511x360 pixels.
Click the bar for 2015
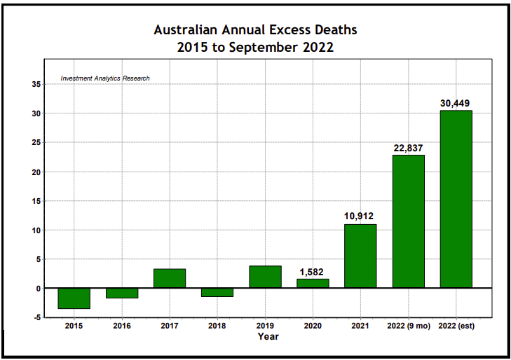pyautogui.click(x=74, y=298)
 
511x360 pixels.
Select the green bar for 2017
pyautogui.click(x=170, y=278)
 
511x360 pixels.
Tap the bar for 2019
pyautogui.click(x=265, y=277)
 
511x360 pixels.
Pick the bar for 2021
pyautogui.click(x=360, y=256)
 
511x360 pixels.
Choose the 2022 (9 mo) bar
pyautogui.click(x=408, y=221)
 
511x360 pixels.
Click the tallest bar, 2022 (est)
pyautogui.click(x=456, y=199)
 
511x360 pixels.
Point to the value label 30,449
pyautogui.click(x=456, y=103)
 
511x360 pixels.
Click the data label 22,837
pyautogui.click(x=408, y=148)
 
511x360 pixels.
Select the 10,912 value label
pyautogui.click(x=360, y=216)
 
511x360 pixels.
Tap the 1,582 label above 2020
pyautogui.click(x=313, y=272)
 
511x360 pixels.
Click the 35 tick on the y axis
pyautogui.click(x=34, y=84)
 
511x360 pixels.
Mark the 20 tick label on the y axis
pyautogui.click(x=34, y=172)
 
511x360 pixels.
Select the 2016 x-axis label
pyautogui.click(x=122, y=326)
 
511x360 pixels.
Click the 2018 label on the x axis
pyautogui.click(x=217, y=326)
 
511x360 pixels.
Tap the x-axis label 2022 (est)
pyautogui.click(x=456, y=326)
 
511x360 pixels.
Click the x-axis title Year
pyautogui.click(x=268, y=336)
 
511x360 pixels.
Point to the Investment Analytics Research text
pyautogui.click(x=105, y=78)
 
